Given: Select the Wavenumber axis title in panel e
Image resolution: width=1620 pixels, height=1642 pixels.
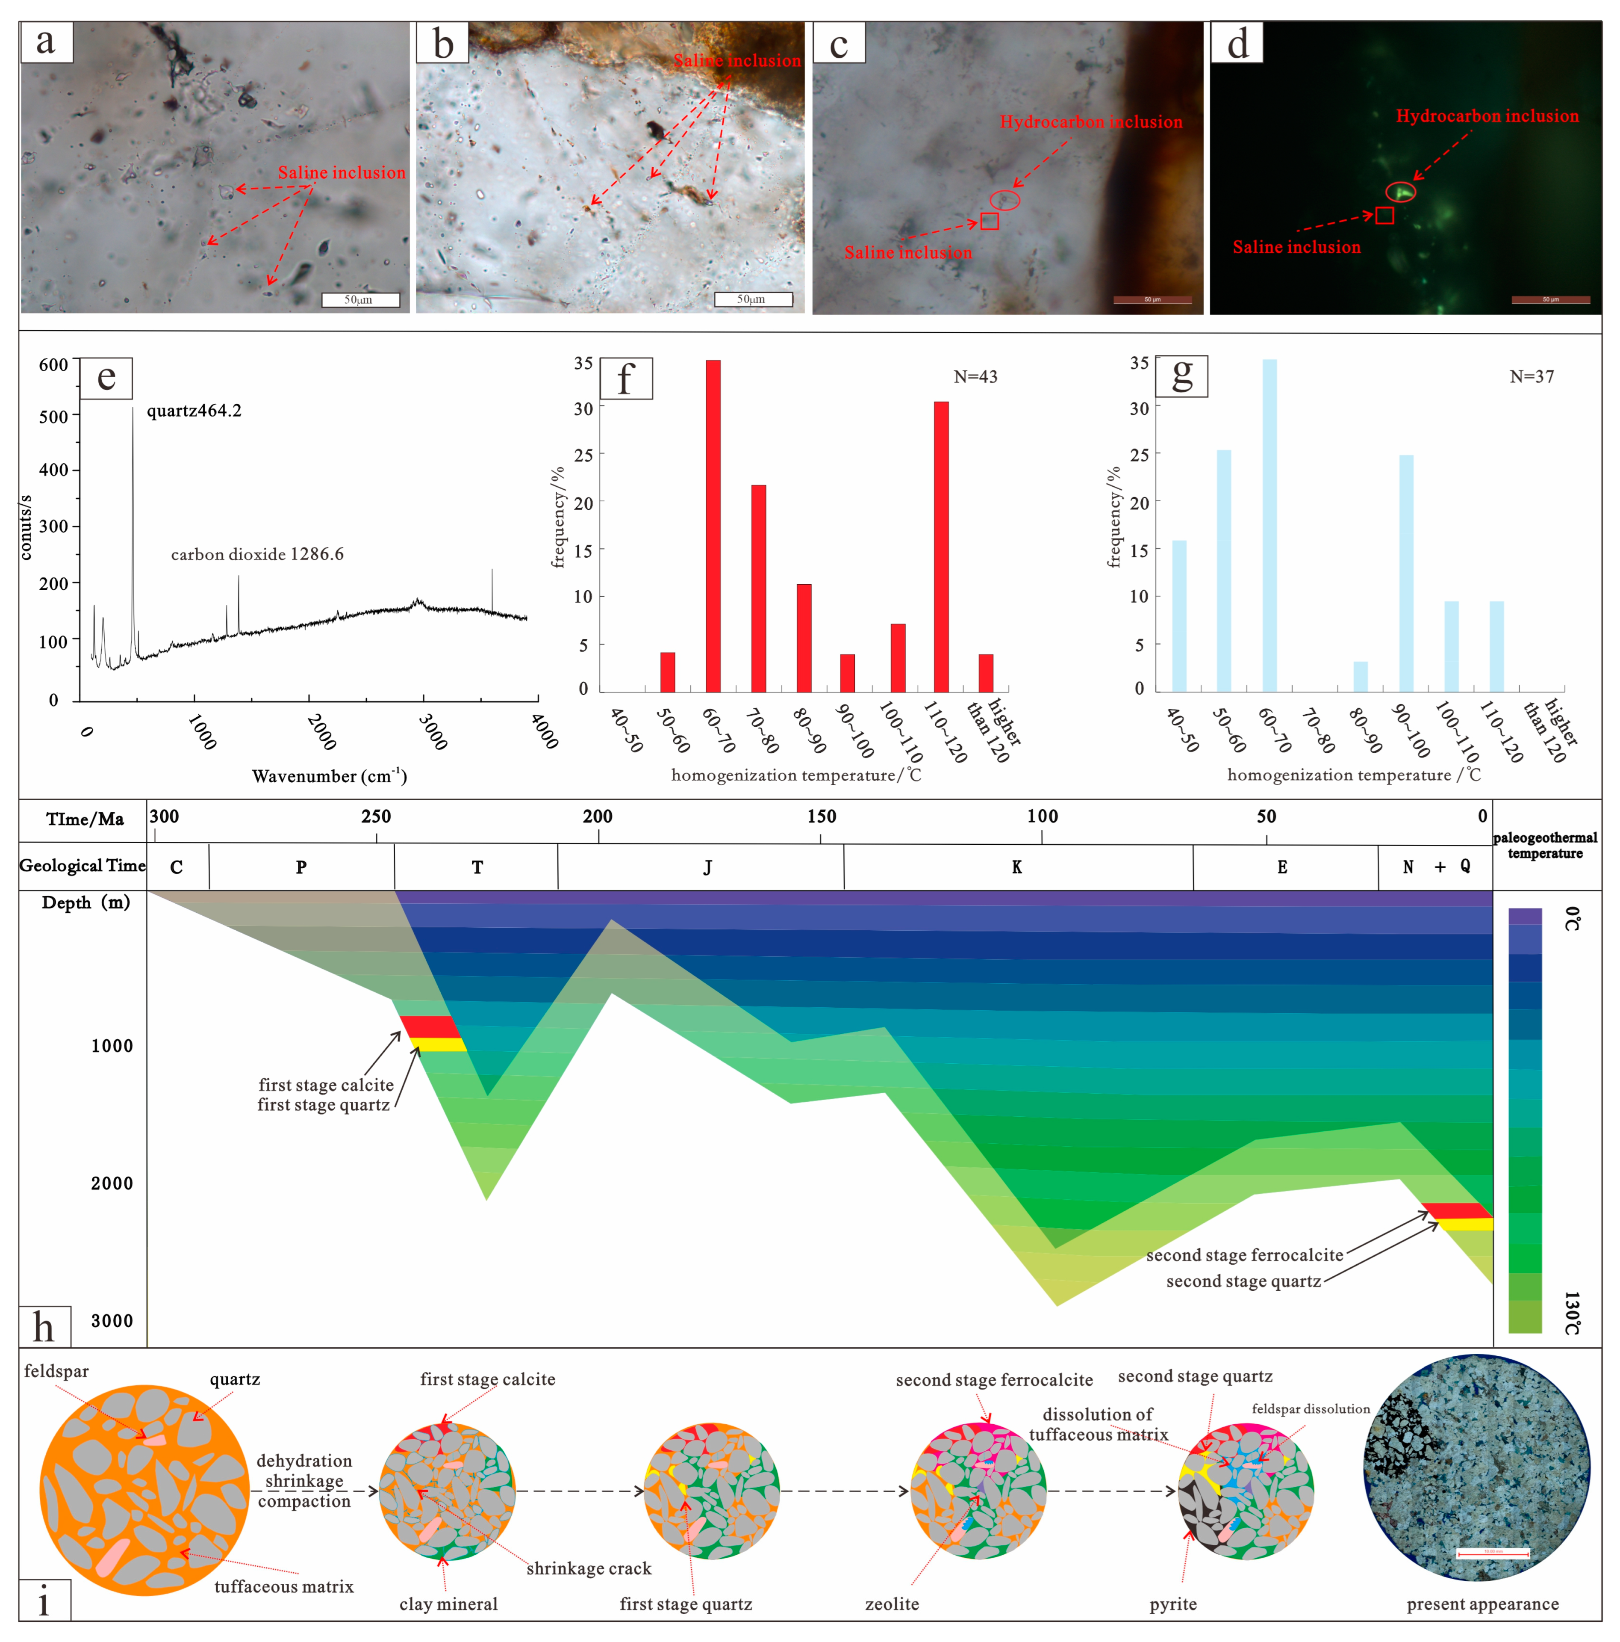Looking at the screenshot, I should pyautogui.click(x=329, y=776).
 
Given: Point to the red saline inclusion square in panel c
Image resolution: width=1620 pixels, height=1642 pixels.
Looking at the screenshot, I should pyautogui.click(x=989, y=221).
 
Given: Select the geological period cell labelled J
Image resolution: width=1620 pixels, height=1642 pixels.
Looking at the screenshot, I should pyautogui.click(x=707, y=867).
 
